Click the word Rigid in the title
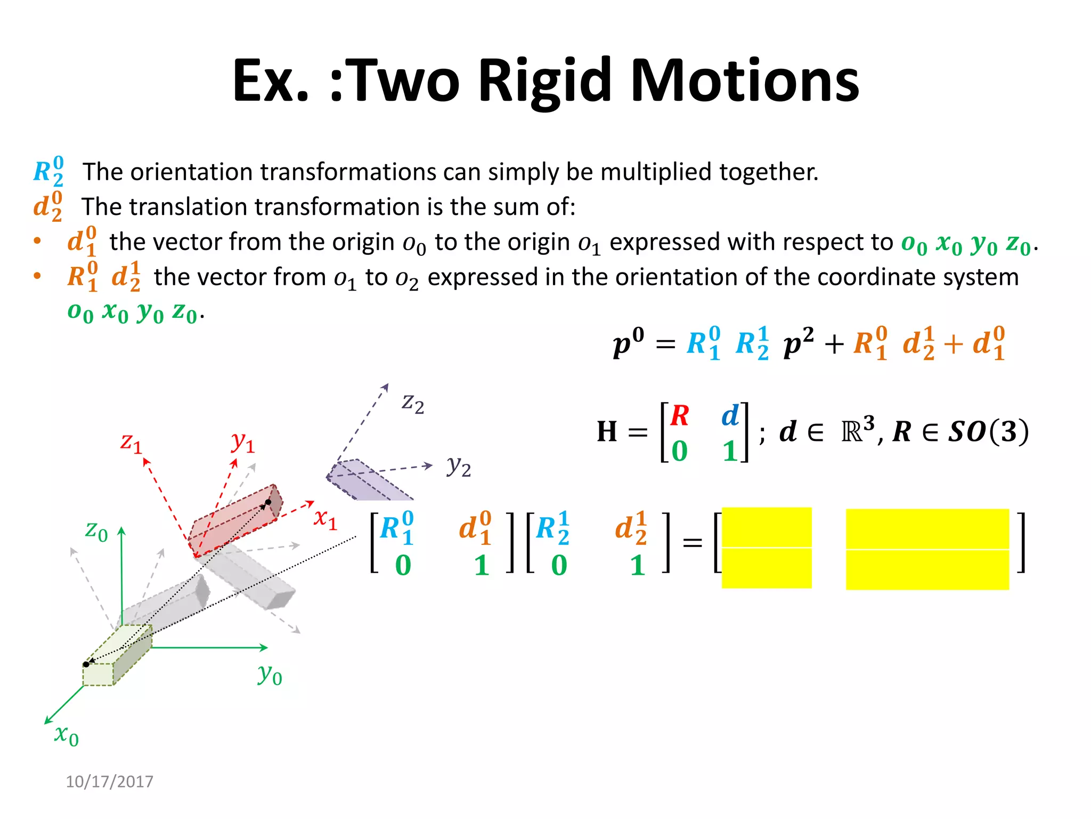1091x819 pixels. point(544,81)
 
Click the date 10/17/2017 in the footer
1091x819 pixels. point(109,781)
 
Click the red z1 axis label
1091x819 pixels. point(131,442)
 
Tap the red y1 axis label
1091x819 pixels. point(243,442)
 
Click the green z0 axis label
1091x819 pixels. point(96,531)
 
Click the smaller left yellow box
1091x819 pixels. point(766,548)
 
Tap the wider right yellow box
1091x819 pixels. point(927,549)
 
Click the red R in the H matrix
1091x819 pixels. point(680,415)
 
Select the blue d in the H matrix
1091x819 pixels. point(730,415)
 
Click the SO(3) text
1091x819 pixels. point(988,431)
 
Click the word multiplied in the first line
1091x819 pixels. point(660,172)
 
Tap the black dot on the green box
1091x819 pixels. point(86,664)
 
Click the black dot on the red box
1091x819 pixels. point(268,502)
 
